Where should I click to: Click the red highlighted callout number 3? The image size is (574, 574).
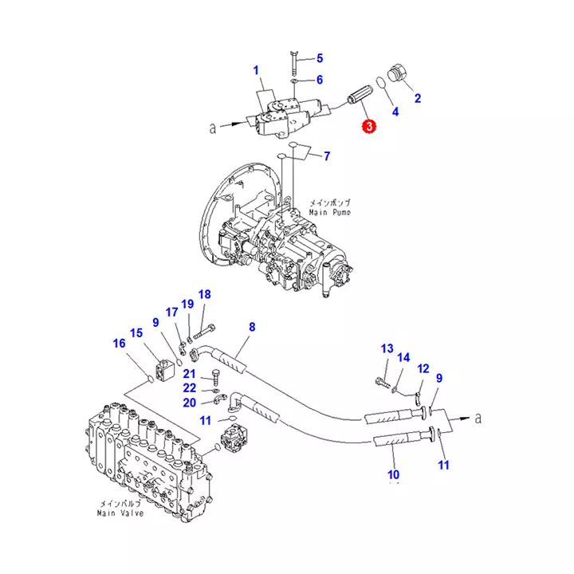369,126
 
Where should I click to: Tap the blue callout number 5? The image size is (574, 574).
320,58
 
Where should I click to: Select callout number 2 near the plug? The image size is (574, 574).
418,98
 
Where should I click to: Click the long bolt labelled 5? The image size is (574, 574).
293,63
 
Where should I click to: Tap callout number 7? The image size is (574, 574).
327,156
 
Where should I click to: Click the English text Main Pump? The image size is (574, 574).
329,212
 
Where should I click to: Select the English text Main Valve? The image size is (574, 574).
120,513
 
